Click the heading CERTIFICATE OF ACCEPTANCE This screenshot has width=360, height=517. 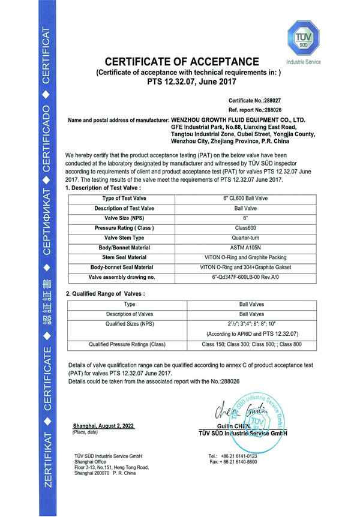point(182,62)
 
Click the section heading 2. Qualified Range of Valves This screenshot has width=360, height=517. point(106,293)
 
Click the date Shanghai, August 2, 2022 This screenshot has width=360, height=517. point(103,425)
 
